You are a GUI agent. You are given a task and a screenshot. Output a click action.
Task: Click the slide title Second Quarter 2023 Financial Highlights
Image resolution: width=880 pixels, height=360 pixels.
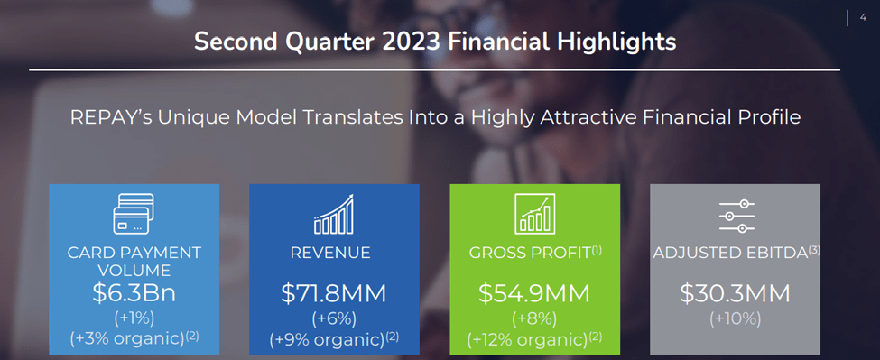click(435, 42)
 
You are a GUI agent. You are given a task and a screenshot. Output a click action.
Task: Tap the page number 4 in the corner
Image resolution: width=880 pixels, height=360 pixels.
click(864, 15)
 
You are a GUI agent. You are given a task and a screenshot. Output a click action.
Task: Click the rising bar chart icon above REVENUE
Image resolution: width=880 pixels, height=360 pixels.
click(334, 214)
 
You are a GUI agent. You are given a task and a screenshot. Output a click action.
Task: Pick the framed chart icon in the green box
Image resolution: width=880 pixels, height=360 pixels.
click(534, 214)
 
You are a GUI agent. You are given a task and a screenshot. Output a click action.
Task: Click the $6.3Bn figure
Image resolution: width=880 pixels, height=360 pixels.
click(134, 293)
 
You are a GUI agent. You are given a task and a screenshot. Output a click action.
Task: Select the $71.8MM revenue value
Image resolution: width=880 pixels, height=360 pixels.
click(334, 293)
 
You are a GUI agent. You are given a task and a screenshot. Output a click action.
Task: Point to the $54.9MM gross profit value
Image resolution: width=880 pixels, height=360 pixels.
click(534, 293)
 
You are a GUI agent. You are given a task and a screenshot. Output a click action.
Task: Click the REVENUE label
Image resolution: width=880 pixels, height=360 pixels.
click(330, 254)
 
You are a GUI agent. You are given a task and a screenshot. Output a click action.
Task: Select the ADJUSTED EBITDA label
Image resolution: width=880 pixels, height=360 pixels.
click(730, 254)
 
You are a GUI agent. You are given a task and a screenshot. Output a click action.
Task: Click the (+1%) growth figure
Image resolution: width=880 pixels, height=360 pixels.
click(134, 317)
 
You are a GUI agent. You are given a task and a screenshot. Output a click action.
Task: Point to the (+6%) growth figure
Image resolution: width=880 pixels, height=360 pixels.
click(334, 318)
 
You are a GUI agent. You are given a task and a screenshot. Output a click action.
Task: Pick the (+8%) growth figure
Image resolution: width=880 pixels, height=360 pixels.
click(534, 318)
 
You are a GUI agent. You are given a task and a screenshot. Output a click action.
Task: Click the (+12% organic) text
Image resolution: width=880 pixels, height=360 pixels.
click(528, 340)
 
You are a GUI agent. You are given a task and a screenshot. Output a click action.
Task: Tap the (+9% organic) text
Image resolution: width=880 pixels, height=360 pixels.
click(327, 340)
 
